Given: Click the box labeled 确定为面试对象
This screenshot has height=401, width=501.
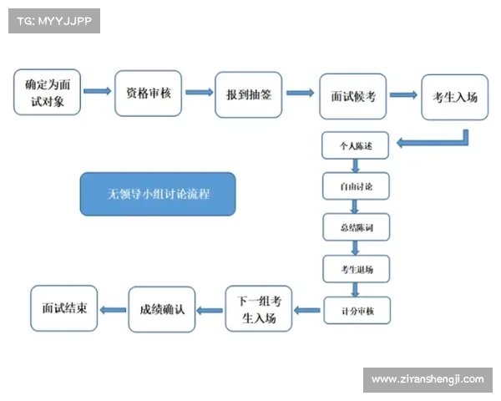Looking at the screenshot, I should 48,93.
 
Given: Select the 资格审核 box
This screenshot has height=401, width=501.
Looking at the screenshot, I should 148,93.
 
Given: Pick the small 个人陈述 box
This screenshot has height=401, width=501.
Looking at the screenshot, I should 356,145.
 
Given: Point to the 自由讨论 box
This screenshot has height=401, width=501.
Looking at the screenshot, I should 356,186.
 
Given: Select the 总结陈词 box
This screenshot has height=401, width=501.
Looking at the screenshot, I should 356,226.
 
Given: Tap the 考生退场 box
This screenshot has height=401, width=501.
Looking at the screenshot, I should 356,268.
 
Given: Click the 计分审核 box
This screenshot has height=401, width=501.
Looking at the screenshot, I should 356,309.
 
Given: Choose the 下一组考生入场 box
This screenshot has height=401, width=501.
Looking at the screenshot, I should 259,308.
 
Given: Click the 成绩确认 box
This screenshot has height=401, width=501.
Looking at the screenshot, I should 162,308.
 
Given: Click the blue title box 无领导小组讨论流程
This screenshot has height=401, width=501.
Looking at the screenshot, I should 158,194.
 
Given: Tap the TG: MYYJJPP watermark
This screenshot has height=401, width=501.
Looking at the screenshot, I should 53,20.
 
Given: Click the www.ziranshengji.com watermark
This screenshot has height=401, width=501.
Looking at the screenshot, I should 427,379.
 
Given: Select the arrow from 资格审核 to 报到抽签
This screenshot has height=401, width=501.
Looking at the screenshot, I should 198,93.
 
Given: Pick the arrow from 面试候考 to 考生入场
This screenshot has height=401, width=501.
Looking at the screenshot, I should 403,95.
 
